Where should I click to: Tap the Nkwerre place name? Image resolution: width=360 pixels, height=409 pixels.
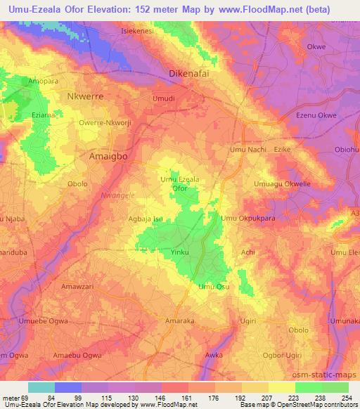pyautogui.click(x=88, y=96)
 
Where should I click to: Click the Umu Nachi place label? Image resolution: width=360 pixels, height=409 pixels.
pyautogui.click(x=247, y=150)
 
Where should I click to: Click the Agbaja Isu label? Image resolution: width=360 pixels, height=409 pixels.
pyautogui.click(x=145, y=219)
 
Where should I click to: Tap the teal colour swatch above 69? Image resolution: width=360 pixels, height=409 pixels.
pyautogui.click(x=41, y=388)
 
